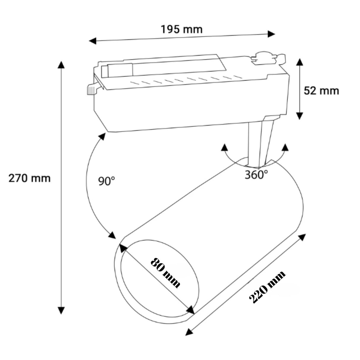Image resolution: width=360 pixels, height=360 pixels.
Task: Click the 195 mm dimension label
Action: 181,29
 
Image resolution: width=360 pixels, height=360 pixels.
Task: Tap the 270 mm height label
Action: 29,179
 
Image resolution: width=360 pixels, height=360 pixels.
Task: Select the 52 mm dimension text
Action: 321,90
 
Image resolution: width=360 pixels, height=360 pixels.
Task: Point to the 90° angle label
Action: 106,181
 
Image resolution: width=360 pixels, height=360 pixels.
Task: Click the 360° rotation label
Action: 256,175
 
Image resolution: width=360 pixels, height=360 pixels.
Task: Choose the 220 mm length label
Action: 267,287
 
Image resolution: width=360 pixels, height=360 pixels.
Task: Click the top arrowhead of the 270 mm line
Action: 61,65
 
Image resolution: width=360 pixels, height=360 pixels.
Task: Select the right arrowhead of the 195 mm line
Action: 271,34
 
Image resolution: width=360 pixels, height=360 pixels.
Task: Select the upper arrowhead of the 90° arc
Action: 102,137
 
